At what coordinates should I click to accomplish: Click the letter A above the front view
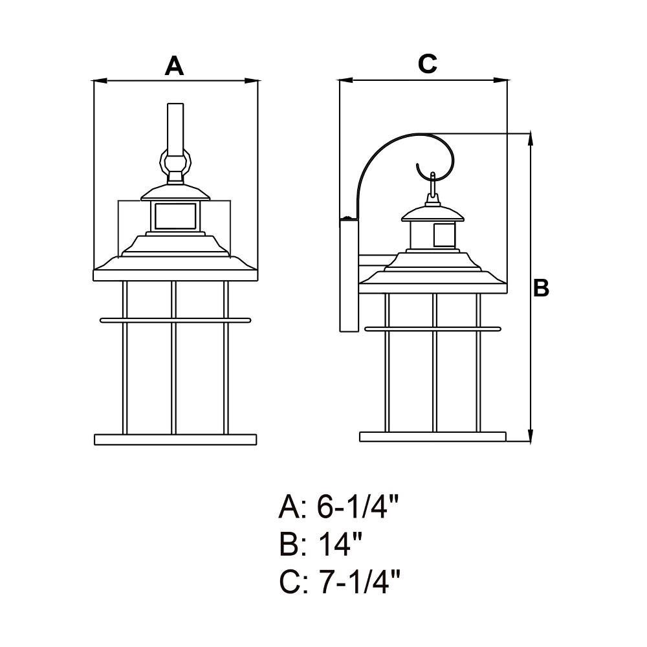point(174,66)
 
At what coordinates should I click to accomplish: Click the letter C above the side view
point(427,64)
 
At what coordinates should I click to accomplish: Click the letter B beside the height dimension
point(541,288)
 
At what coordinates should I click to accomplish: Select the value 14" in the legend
point(340,543)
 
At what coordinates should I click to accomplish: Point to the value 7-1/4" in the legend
point(359,581)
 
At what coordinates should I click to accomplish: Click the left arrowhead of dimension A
point(100,81)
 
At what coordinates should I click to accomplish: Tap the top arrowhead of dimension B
point(531,140)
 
